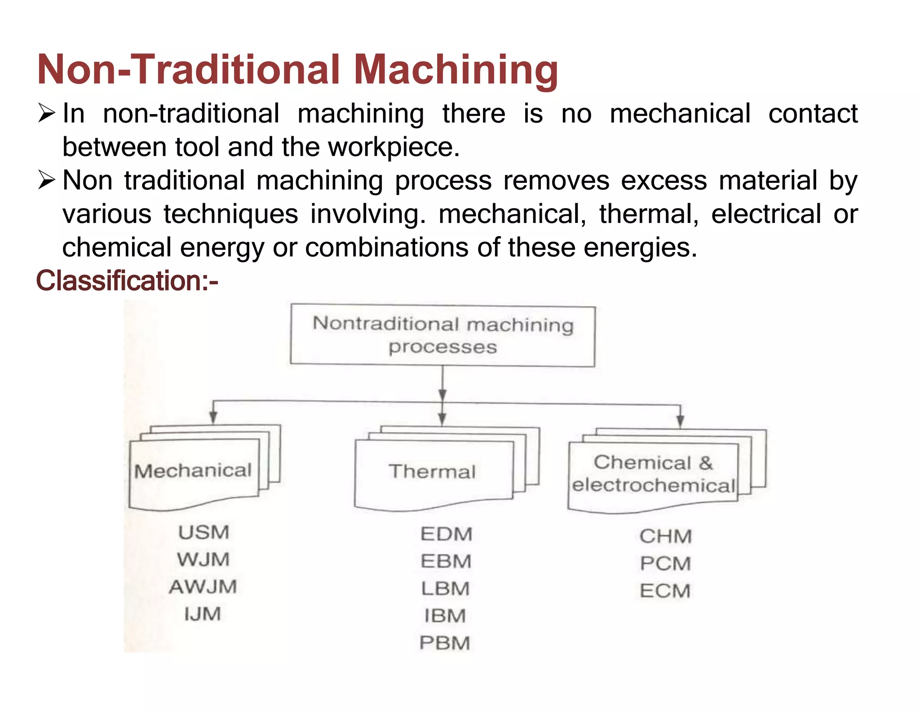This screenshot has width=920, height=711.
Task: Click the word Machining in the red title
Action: (456, 70)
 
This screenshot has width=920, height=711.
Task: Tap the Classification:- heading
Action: (127, 281)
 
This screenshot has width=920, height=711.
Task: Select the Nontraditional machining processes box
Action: (443, 335)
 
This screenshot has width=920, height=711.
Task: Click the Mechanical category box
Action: (194, 472)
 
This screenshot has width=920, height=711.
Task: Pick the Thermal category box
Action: (433, 472)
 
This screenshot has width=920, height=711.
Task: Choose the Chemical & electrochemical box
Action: (653, 475)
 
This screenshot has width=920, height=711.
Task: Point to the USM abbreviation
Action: (203, 533)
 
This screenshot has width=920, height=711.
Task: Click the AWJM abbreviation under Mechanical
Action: (203, 587)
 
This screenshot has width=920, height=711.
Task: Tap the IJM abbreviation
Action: (203, 614)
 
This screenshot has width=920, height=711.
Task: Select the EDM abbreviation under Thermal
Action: (446, 534)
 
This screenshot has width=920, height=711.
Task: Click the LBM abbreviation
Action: (445, 589)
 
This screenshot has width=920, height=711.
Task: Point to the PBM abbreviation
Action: (445, 643)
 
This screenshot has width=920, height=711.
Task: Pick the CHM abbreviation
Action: (665, 537)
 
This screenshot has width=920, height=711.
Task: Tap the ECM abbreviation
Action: (665, 591)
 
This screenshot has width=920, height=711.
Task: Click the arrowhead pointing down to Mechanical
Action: (213, 418)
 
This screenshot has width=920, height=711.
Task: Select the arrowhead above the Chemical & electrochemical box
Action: (680, 421)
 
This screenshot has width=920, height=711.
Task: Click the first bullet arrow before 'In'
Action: (46, 113)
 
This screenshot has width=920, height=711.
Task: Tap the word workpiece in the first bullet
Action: (394, 147)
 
